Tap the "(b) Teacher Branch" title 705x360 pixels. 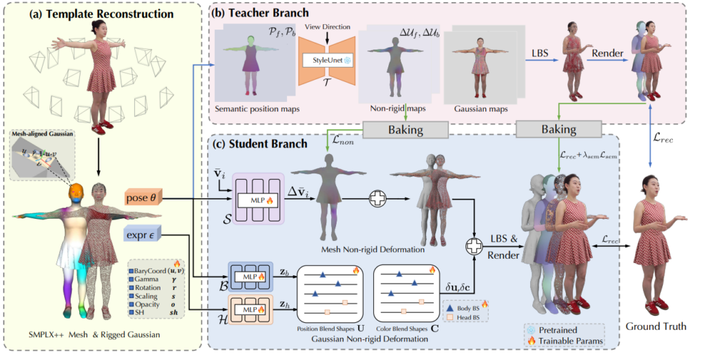[x=261, y=12]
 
